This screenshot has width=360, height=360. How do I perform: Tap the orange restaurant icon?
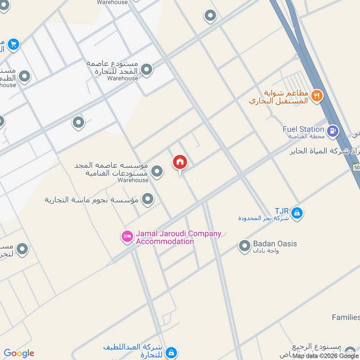coord(317,95)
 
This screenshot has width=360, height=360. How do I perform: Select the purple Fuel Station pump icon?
coord(333,131)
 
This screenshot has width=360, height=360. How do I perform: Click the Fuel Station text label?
coord(303,129)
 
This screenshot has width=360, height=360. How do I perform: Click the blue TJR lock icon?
coord(296,212)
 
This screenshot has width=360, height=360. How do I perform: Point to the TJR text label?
coord(281,211)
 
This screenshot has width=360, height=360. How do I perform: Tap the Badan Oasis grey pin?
coord(244,246)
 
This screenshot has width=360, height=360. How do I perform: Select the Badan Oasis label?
coord(274,243)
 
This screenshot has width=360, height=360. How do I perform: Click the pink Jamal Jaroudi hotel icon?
coord(128,237)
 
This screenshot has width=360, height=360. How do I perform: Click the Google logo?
coord(19,353)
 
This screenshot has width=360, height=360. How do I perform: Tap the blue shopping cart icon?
coord(13,44)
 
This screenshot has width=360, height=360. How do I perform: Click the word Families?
coord(346,317)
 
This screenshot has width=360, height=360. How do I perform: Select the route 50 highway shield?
coord(355,167)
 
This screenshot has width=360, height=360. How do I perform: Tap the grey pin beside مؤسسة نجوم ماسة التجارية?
coord(147,198)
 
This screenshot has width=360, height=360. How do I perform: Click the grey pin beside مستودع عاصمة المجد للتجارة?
coord(146,70)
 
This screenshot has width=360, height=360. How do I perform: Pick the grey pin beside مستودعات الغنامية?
coord(157,171)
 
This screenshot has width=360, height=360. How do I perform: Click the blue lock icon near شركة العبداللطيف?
coord(171,352)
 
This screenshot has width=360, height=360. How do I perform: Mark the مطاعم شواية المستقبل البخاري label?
coord(279,97)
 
